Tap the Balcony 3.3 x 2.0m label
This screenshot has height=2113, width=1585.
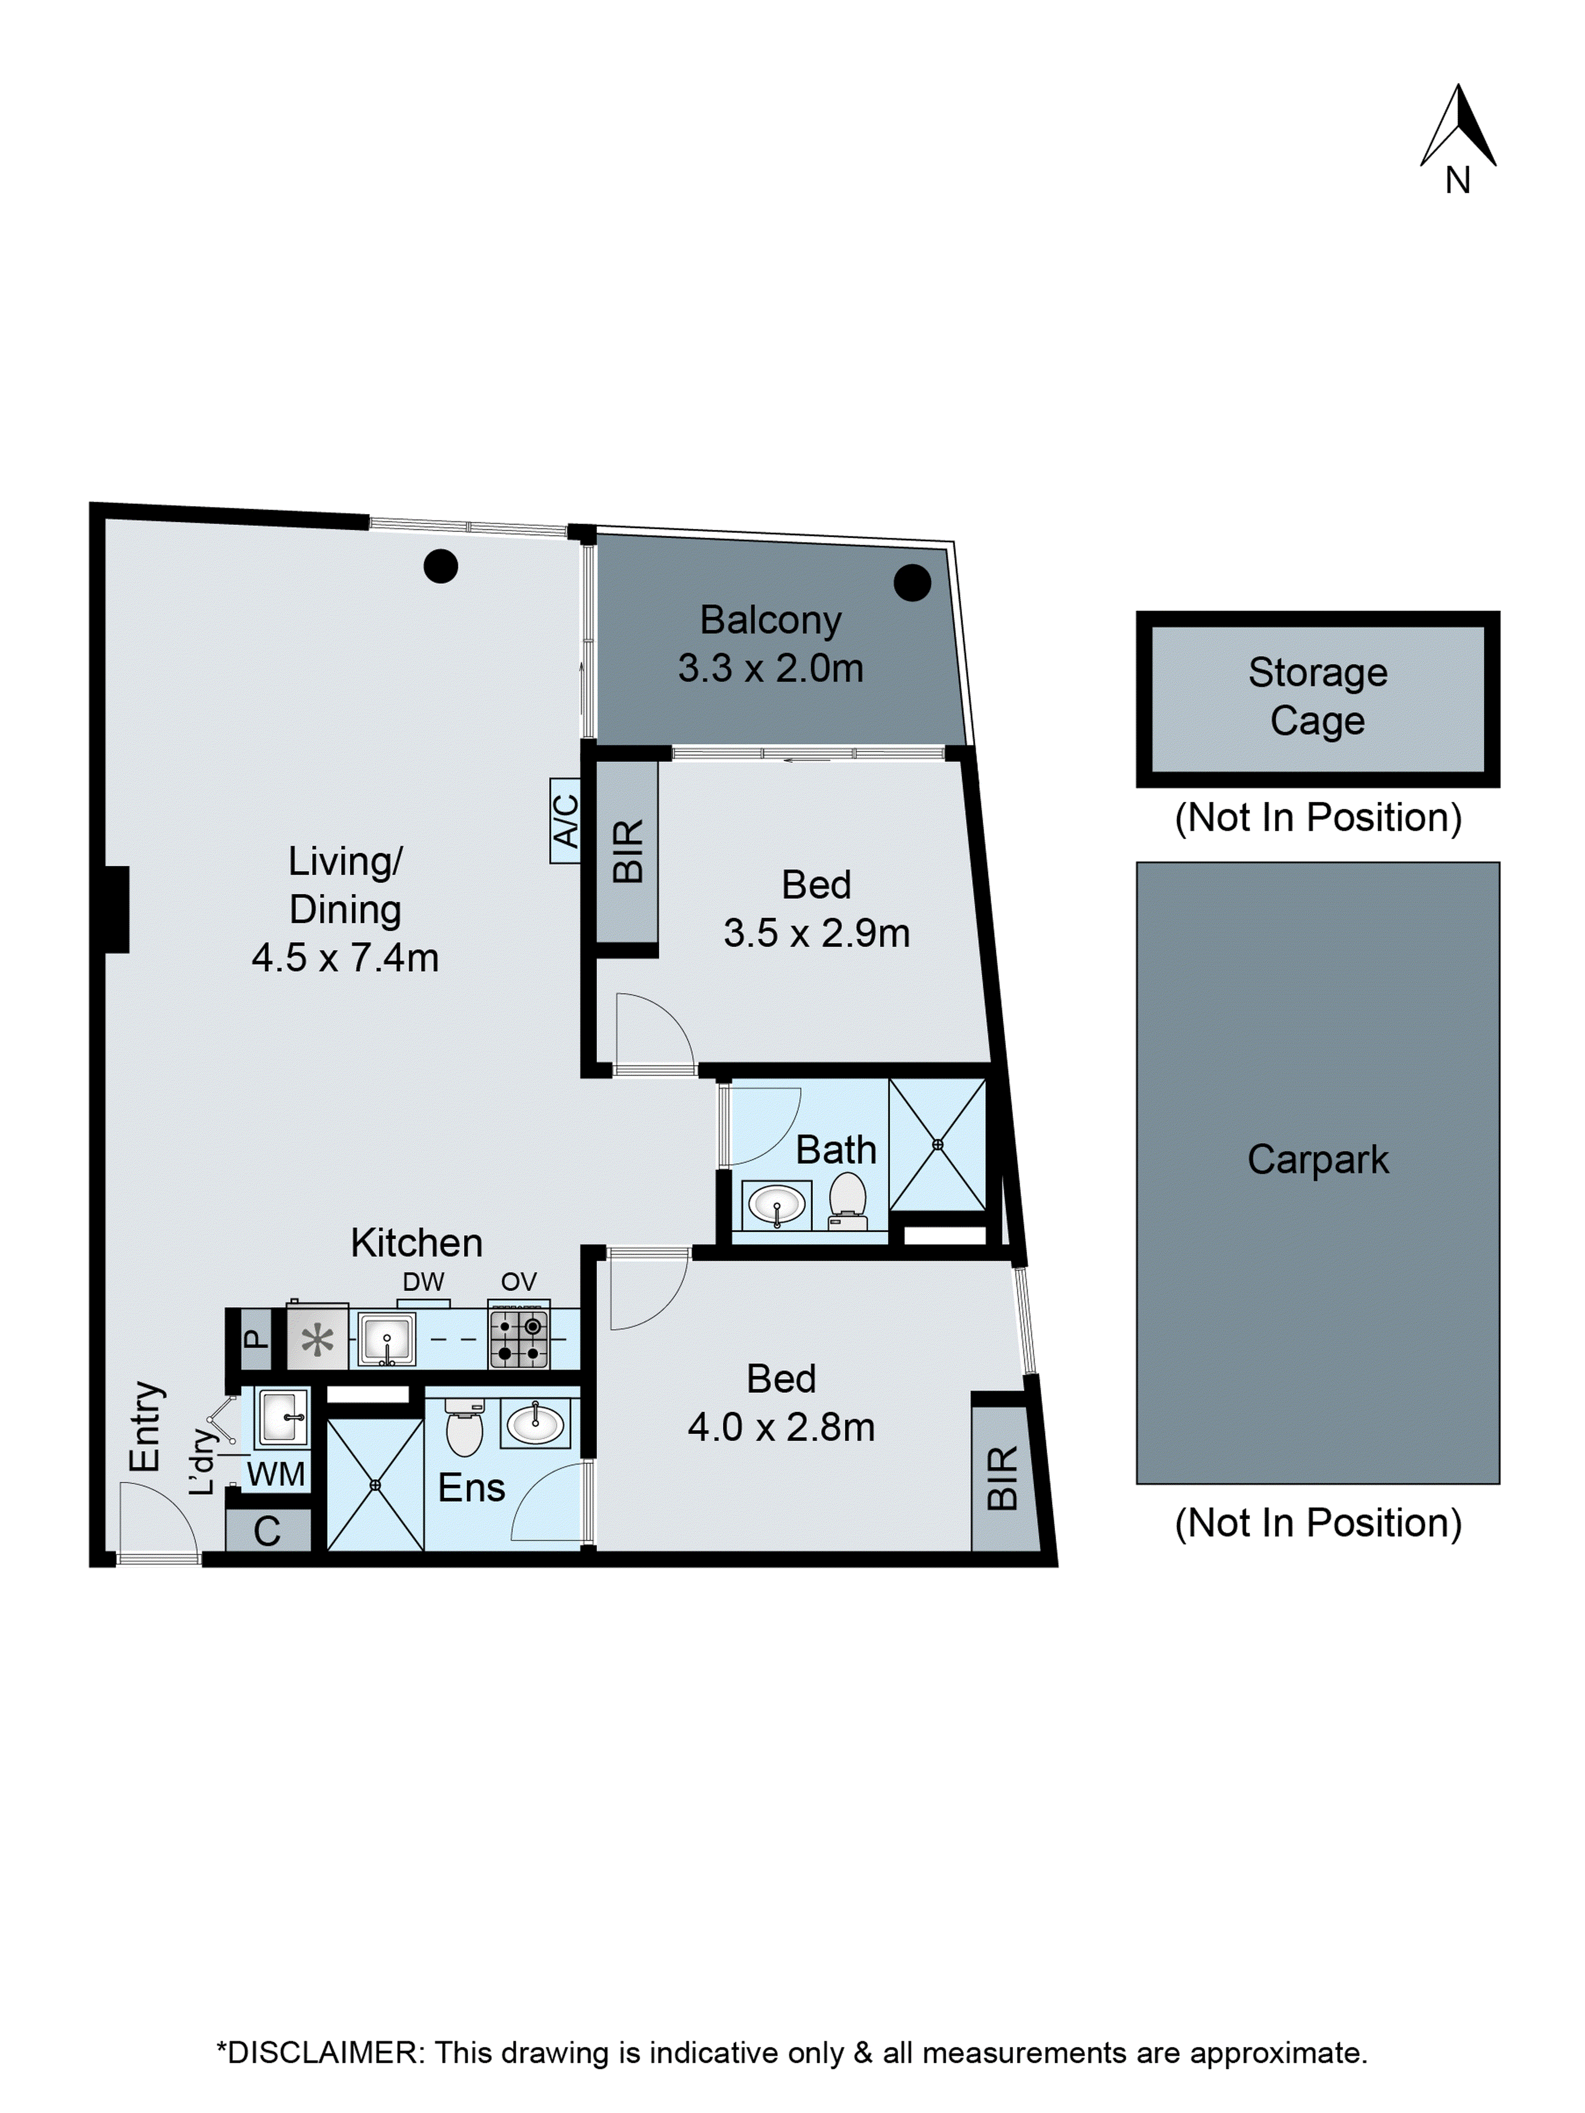[770, 644]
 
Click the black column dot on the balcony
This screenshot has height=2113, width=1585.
[912, 582]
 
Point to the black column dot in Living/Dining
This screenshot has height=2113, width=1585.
[441, 566]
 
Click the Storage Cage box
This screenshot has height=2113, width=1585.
[1318, 698]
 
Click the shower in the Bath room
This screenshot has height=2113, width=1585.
[937, 1144]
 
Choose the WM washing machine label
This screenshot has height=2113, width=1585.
[276, 1474]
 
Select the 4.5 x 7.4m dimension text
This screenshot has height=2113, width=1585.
[345, 957]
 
